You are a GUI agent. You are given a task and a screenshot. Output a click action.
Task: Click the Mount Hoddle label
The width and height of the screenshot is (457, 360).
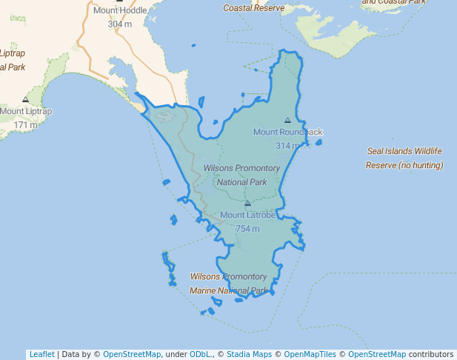point(120,11)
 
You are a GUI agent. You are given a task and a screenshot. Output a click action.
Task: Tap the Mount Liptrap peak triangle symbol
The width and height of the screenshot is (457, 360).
point(25,99)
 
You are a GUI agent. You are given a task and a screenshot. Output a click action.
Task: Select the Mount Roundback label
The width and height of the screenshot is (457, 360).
point(288,132)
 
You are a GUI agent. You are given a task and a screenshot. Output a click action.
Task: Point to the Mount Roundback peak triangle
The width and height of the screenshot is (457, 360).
point(287,119)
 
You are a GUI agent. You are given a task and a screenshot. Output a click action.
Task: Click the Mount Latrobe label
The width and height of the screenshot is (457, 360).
point(247,216)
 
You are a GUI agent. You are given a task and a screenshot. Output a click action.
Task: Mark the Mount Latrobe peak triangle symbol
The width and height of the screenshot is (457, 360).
point(247,203)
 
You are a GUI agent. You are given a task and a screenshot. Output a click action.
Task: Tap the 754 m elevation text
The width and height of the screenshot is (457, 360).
point(247,229)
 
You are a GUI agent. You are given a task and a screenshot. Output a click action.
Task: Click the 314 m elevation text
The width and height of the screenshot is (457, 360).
point(287,145)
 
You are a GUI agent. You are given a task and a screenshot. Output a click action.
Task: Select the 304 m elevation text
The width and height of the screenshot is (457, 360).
point(120,24)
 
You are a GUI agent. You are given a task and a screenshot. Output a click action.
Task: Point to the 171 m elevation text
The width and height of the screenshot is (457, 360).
point(25,124)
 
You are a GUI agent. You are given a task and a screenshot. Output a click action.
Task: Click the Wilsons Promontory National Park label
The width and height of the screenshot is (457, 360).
point(241,175)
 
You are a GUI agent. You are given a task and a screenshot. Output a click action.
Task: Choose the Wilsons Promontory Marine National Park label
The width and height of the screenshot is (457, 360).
point(228,283)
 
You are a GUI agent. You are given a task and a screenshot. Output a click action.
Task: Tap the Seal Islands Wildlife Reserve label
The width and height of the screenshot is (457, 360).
point(404,158)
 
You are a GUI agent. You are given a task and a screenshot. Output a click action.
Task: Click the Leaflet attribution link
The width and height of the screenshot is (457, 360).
point(41,354)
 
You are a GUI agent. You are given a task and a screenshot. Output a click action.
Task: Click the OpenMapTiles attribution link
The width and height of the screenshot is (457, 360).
point(310,354)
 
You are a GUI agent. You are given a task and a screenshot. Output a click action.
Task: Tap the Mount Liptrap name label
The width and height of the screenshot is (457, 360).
point(26,112)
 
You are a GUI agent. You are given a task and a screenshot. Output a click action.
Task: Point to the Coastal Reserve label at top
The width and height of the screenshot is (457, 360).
point(253,8)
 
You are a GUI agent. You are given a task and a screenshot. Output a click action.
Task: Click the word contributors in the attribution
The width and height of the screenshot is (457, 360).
point(430,354)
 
